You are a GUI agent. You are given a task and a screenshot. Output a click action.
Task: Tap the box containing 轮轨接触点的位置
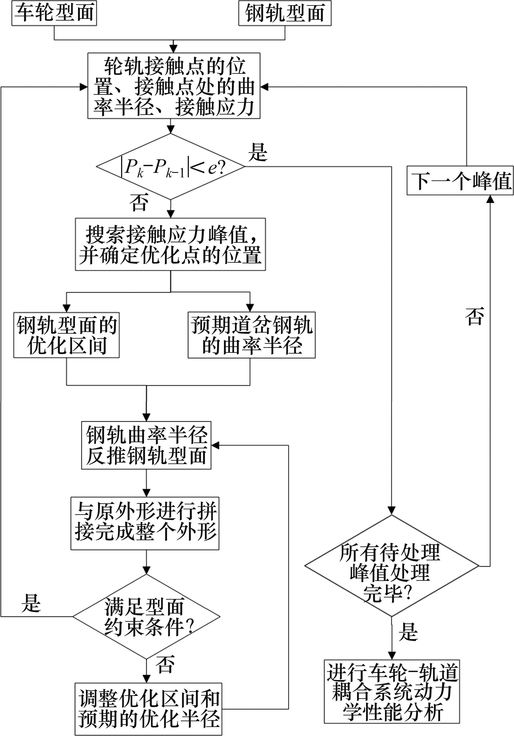pos(174,86)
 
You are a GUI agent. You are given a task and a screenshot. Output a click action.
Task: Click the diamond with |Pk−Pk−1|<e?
pos(170,167)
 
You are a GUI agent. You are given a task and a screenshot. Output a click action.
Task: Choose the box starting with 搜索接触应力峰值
pos(170,244)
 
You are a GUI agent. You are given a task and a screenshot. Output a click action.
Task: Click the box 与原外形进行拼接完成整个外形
pos(145,523)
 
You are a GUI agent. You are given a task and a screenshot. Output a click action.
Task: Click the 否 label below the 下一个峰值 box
pos(475,317)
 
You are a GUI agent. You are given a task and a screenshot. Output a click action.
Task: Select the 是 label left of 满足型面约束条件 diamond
pos(31,603)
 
